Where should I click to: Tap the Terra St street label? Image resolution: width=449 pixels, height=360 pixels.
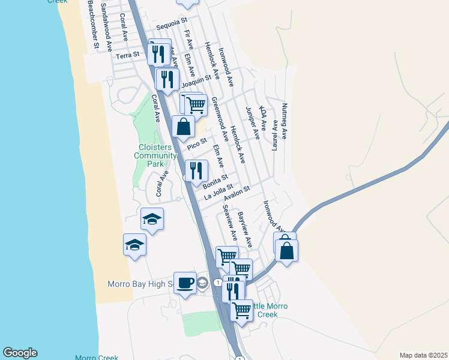coord(127,55)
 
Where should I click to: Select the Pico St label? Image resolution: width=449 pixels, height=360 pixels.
coord(196,145)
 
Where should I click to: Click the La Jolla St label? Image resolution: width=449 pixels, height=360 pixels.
coord(218,193)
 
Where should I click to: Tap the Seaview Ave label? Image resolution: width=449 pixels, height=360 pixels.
coord(230,220)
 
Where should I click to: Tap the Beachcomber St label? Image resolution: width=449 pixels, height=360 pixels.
coord(92,24)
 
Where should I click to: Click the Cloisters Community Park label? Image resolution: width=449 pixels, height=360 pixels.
coord(156,155)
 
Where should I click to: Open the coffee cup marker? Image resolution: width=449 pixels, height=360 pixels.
coord(185,282)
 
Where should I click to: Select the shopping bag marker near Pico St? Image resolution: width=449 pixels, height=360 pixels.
coord(183,127)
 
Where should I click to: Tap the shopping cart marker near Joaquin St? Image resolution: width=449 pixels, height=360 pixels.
coord(196,105)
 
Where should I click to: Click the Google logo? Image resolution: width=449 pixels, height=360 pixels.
coord(20,353)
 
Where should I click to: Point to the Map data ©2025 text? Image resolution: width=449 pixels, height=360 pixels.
coord(423,355)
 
